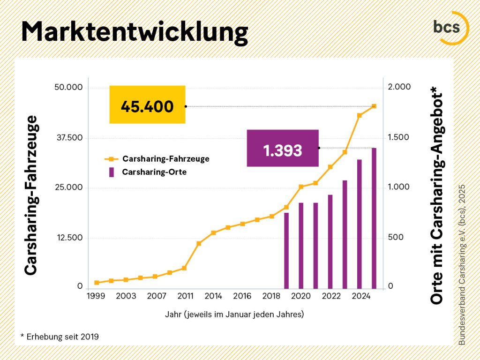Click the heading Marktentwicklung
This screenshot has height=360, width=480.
point(134,32)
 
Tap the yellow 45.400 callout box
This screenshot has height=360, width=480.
point(147,105)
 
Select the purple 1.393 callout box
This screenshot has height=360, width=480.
point(283,148)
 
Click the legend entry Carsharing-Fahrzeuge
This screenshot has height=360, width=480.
point(165,159)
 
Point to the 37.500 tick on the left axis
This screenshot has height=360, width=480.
point(69,138)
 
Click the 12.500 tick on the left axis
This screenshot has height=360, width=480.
point(69,238)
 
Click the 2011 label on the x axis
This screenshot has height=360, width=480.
point(186,296)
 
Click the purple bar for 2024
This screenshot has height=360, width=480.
point(360,224)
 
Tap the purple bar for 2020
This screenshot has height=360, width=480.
point(301,245)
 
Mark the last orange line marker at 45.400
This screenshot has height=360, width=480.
point(374,106)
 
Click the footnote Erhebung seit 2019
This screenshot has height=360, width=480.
point(60,337)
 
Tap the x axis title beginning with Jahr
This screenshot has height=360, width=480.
point(234,314)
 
